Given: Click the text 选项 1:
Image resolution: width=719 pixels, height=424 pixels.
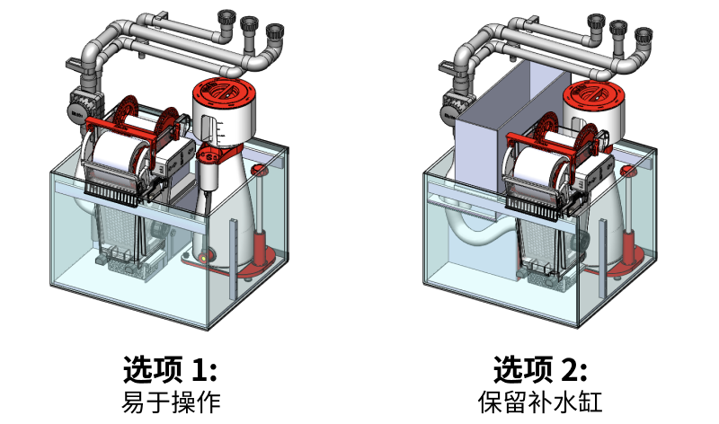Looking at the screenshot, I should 170,369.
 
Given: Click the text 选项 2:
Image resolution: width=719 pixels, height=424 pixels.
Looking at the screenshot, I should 540,369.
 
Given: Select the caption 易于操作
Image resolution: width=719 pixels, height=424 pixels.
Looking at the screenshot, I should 170,401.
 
